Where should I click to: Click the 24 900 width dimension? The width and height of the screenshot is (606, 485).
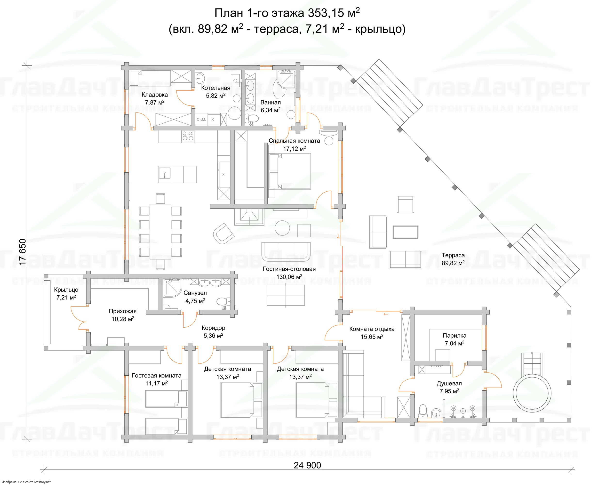click(307, 465)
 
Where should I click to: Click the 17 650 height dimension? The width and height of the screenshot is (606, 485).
click(23, 252)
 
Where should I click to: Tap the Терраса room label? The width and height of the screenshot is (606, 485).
click(453, 255)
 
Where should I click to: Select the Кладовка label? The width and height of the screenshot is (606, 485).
click(155, 95)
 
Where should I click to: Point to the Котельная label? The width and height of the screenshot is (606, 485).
click(215, 88)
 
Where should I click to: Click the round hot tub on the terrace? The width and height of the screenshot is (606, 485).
click(532, 393)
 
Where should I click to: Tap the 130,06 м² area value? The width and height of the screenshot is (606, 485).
click(289, 277)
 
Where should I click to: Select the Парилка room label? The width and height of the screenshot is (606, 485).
click(454, 335)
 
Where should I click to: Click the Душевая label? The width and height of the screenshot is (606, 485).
click(449, 383)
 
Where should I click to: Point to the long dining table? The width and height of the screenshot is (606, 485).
click(160, 231)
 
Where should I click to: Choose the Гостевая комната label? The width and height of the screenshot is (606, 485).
click(157, 375)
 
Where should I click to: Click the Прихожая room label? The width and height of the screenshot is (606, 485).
click(123, 311)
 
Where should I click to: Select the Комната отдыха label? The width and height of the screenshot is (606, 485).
click(372, 329)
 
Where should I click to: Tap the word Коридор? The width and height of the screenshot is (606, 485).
click(213, 328)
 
